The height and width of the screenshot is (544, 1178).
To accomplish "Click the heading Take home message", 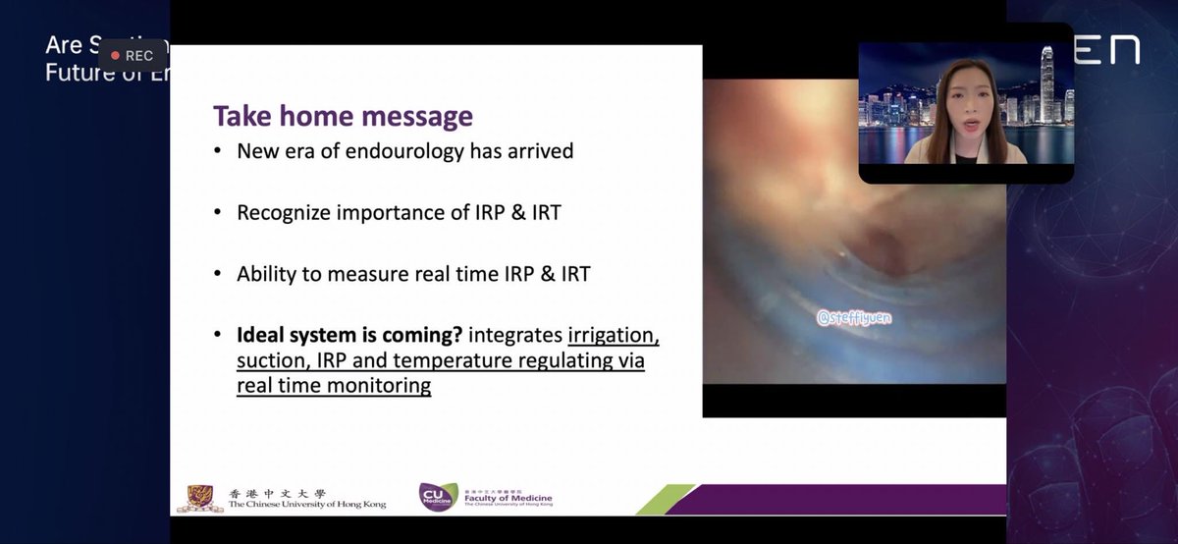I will click(x=343, y=116).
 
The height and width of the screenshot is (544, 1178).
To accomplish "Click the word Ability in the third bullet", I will click(x=267, y=273).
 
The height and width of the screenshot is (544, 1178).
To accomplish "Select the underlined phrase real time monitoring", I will click(x=334, y=385).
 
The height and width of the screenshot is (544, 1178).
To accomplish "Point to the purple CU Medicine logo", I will click(x=436, y=496).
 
